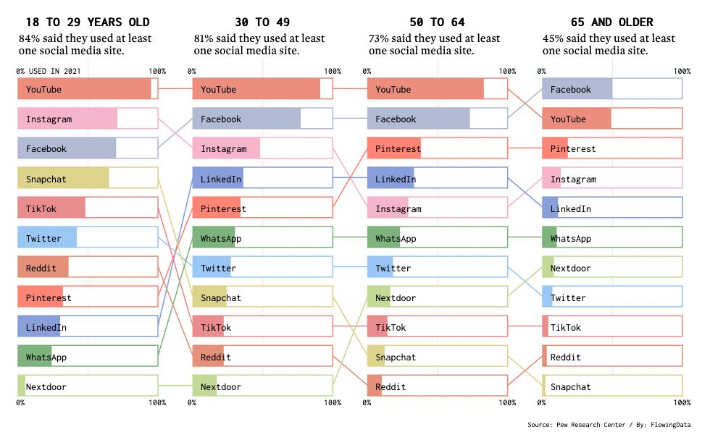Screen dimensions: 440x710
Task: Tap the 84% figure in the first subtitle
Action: pos(28,38)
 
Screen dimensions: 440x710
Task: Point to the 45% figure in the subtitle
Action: pos(552,38)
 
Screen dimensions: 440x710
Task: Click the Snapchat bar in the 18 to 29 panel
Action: pos(64,179)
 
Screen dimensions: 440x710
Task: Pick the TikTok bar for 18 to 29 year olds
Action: pos(51,208)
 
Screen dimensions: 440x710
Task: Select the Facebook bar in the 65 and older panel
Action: pos(577,90)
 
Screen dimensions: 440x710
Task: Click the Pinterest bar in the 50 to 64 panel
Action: pos(394,149)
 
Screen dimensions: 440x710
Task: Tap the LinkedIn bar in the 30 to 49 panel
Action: pos(217,179)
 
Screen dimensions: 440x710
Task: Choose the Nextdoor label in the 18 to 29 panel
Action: pos(46,387)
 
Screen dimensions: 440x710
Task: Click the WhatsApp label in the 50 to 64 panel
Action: pos(396,239)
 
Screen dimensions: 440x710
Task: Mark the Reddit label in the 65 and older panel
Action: pos(565,357)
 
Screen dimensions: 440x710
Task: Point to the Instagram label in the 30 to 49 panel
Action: pos(223,149)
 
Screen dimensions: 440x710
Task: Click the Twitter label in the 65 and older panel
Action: pos(568,298)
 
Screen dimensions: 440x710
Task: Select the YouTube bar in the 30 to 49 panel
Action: pos(256,90)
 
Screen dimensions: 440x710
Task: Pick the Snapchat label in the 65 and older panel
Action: pos(570,387)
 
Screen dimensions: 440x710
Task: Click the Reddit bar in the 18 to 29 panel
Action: pos(43,268)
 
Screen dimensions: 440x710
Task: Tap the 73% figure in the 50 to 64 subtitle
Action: pos(377,38)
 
